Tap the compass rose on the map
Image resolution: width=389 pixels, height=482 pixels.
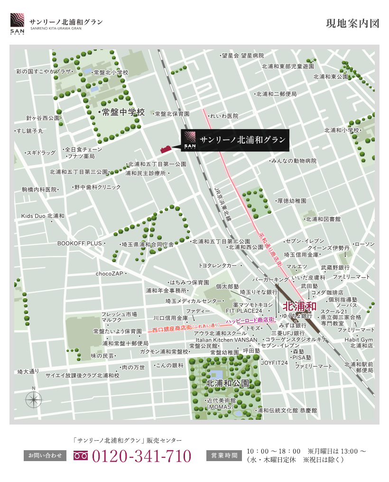coord(34,400)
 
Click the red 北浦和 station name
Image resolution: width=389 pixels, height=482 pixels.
coord(299,306)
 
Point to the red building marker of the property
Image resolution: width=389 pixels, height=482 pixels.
coord(166,149)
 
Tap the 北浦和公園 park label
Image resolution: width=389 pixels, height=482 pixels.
coord(227,383)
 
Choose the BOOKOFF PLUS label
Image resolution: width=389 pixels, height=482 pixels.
coord(80,244)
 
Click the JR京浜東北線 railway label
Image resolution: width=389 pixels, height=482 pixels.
coord(222,204)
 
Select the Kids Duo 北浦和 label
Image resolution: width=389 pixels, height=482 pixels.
coord(42,216)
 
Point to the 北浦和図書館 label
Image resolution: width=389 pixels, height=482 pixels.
coord(323,219)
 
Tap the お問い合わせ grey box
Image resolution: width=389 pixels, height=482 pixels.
coord(45,456)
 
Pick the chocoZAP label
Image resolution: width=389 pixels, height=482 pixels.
coord(109,274)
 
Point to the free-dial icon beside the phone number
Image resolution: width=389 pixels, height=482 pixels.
coord(81,456)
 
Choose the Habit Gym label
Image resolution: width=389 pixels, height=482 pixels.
coord(359,340)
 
